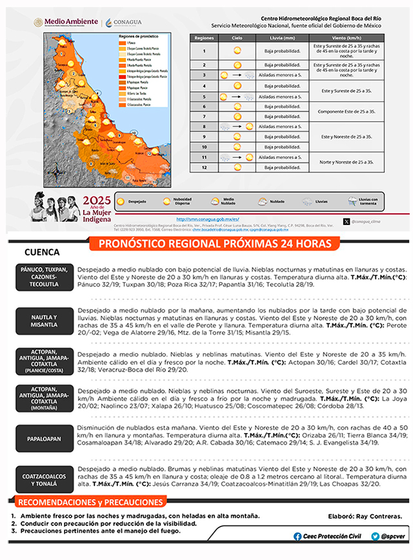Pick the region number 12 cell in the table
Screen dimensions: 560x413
point(204,168)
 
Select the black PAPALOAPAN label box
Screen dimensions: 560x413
point(44,438)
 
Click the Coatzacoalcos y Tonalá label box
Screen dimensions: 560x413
point(44,479)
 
